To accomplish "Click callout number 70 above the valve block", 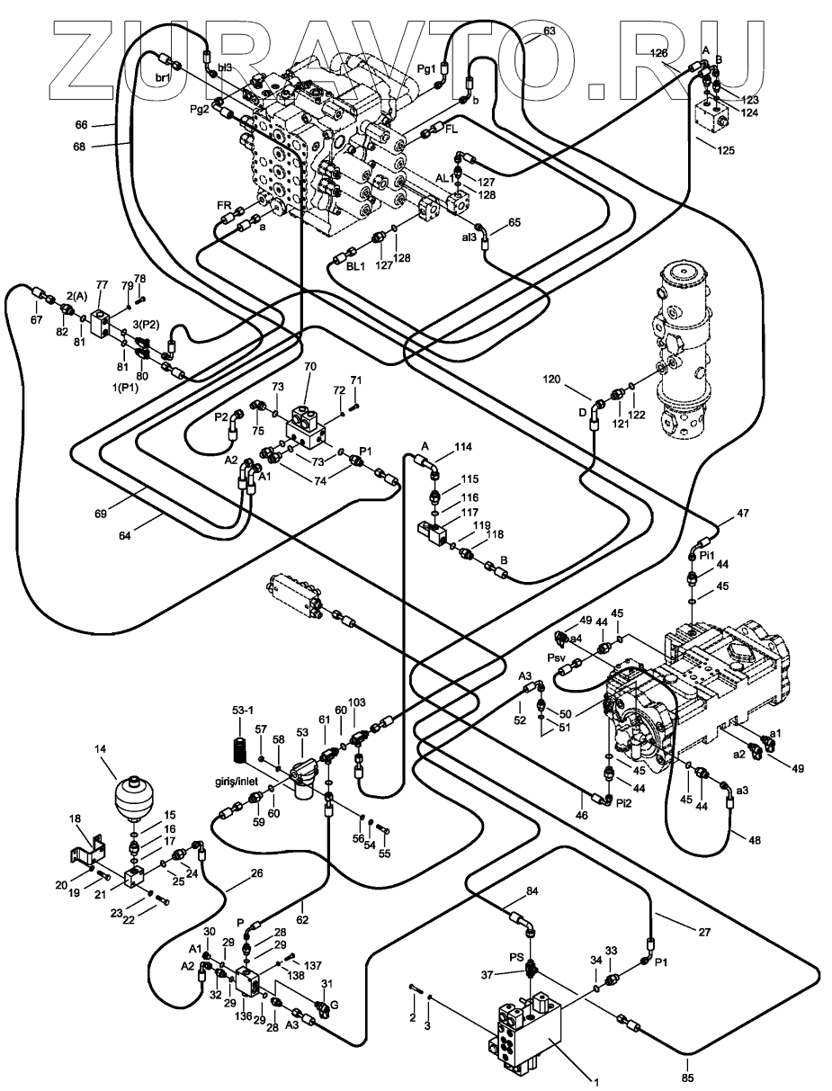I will (310, 367).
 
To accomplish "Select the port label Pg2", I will (199, 109).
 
